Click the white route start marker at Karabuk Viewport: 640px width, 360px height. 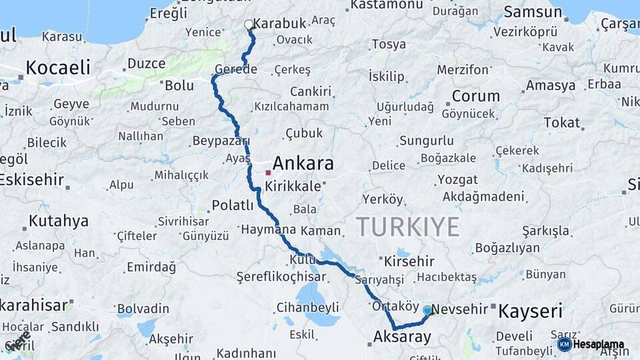click(x=249, y=25)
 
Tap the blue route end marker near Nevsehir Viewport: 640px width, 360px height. click(x=427, y=310)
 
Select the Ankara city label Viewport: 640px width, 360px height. click(x=303, y=163)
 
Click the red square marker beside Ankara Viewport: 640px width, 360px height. click(x=268, y=172)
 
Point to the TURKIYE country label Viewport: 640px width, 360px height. click(x=407, y=227)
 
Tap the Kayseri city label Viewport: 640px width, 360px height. click(x=531, y=310)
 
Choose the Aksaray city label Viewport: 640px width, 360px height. click(x=403, y=337)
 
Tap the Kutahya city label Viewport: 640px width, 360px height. click(x=59, y=221)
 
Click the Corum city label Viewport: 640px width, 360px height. click(x=475, y=96)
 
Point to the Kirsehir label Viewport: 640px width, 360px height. click(x=409, y=261)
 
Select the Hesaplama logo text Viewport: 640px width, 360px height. click(x=599, y=345)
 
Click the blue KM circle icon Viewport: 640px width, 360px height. click(x=565, y=345)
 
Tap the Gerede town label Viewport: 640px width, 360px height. click(x=236, y=70)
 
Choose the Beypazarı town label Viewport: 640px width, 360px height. click(x=221, y=141)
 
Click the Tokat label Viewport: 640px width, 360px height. click(x=561, y=123)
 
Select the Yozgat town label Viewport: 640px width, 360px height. click(x=457, y=180)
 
